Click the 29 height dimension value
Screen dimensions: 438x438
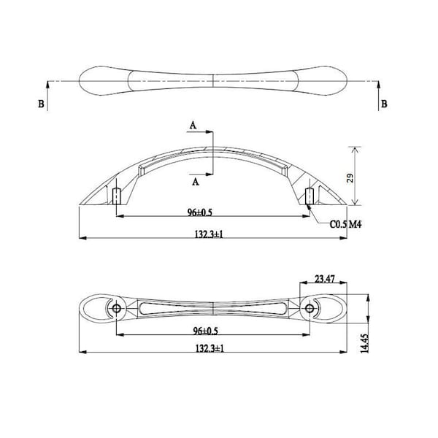(350, 178)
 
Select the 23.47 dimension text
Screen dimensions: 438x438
(325, 279)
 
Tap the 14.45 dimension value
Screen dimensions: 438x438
(365, 343)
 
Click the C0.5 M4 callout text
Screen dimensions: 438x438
(345, 224)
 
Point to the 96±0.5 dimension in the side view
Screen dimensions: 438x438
(200, 212)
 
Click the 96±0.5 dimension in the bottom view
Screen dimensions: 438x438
(205, 331)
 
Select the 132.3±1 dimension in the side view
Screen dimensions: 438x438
(210, 234)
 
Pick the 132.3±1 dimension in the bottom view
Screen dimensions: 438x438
(210, 348)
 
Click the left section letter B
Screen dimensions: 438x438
(41, 104)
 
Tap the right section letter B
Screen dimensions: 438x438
(384, 104)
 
